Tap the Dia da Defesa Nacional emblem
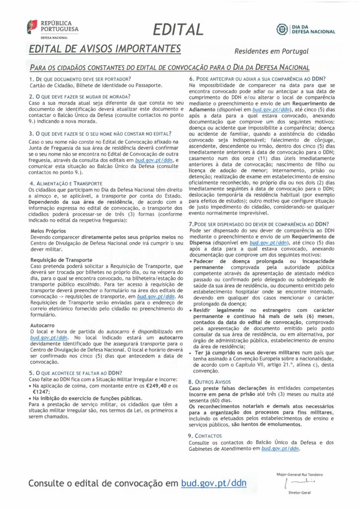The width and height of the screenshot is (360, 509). (x=305, y=30)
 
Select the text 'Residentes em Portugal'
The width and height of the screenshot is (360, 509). (x=271, y=51)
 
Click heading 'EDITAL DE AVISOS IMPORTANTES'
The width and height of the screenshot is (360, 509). (x=104, y=49)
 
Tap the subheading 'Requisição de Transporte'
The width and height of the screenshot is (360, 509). (x=61, y=260)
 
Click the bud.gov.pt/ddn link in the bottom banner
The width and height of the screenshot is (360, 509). (x=213, y=483)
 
